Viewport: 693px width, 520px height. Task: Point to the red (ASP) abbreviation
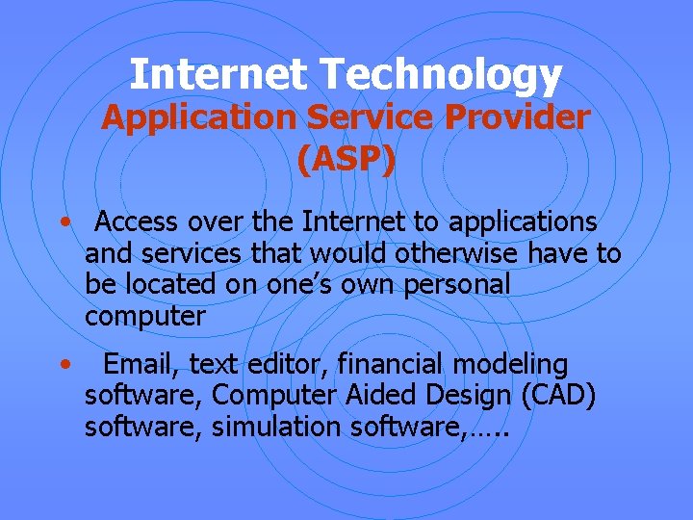pos(346,160)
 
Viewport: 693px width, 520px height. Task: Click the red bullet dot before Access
pos(63,222)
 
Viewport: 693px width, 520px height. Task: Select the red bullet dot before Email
pos(63,365)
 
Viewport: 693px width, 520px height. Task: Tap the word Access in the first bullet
pos(138,222)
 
